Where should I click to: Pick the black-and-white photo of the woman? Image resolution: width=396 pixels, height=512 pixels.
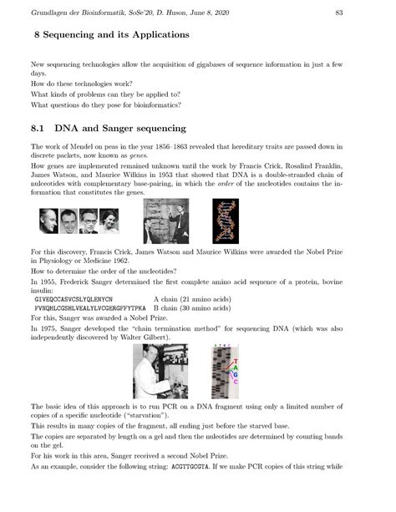coord(109,221)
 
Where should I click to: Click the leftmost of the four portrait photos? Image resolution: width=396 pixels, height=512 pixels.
coord(45,221)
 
